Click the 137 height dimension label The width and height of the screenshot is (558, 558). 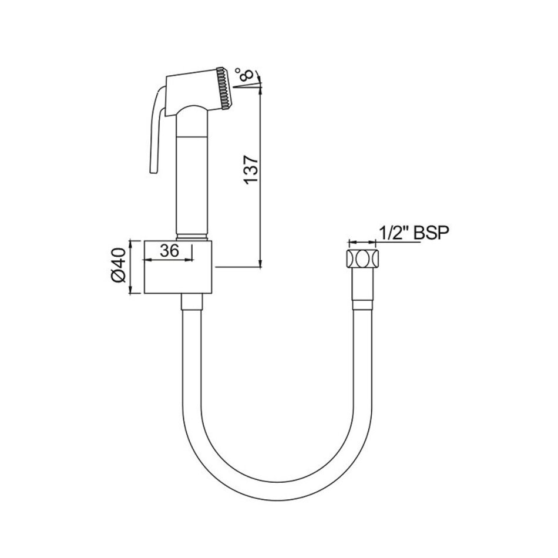point(251,169)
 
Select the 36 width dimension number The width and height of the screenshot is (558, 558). point(169,251)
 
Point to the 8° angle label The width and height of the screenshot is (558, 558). point(246,75)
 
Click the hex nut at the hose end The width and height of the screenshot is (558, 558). point(362,258)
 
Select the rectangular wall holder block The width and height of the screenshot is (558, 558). point(178,267)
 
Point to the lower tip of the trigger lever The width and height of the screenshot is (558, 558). point(154,173)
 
